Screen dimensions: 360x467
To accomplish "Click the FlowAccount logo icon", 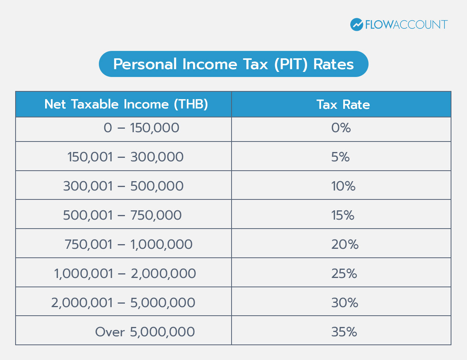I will point(356,24).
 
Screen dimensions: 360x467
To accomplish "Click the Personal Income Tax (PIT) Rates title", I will point(233,64).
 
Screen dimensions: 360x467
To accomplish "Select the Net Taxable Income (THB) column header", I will point(126,104).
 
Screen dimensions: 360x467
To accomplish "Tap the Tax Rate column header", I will point(343,104).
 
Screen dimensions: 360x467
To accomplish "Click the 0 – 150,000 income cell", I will point(141,128).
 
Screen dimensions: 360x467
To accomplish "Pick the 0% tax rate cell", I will point(341,128).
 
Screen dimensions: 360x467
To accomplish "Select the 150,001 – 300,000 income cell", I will point(125,157).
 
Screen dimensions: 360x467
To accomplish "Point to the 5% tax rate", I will point(341,157).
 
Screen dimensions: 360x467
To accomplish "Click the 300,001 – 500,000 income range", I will point(123,186).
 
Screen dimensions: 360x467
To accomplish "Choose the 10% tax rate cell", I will point(343,186).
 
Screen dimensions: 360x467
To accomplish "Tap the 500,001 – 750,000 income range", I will point(122,215).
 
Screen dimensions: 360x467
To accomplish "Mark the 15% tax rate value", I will point(343,215).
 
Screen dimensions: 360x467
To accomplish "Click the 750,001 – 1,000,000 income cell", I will point(128,245).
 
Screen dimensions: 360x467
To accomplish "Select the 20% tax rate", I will point(345,245).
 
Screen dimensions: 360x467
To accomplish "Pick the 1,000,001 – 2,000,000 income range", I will point(125,274).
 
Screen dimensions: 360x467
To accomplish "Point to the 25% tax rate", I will point(344,274).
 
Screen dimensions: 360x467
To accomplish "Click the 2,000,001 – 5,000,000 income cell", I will point(123,303).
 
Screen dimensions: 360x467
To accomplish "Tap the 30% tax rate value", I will point(345,303).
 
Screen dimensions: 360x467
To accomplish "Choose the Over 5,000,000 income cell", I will point(145,332).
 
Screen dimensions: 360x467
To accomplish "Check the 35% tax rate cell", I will point(344,332).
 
